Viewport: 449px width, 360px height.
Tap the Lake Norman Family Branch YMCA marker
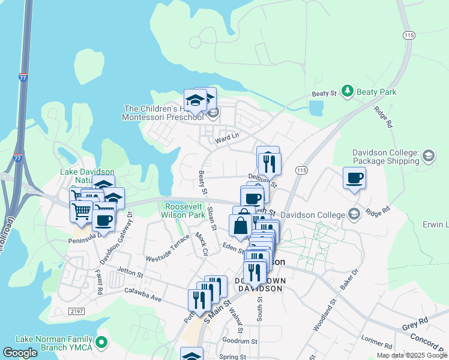[101, 343]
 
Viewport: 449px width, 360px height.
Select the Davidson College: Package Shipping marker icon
[428, 156]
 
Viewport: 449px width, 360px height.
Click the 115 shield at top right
[409, 35]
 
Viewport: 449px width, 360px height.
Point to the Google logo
[20, 353]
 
